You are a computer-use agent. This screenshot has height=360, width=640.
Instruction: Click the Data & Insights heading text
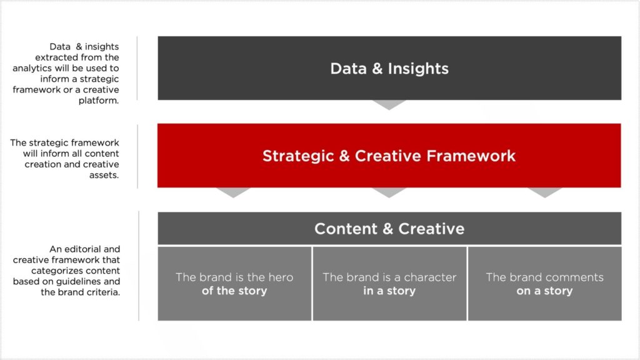point(389,69)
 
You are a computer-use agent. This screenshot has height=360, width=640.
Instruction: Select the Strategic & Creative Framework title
point(389,156)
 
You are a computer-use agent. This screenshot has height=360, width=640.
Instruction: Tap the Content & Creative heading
point(389,229)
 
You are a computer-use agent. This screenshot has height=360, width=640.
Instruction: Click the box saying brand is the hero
point(234,284)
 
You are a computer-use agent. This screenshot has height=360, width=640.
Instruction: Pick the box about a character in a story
point(389,284)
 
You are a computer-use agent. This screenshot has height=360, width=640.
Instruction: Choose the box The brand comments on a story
point(544,284)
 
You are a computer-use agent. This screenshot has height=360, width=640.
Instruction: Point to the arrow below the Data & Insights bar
point(389,104)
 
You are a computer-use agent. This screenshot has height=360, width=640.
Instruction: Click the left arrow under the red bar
point(234,192)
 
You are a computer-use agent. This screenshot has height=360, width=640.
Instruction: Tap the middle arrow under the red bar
point(389,192)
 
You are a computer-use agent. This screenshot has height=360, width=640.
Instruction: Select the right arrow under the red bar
point(544,192)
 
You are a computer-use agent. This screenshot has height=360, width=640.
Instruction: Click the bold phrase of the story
point(234,291)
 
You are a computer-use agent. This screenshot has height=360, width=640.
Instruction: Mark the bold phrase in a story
point(389,291)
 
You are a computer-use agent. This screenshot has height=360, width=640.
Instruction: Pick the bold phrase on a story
point(544,291)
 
